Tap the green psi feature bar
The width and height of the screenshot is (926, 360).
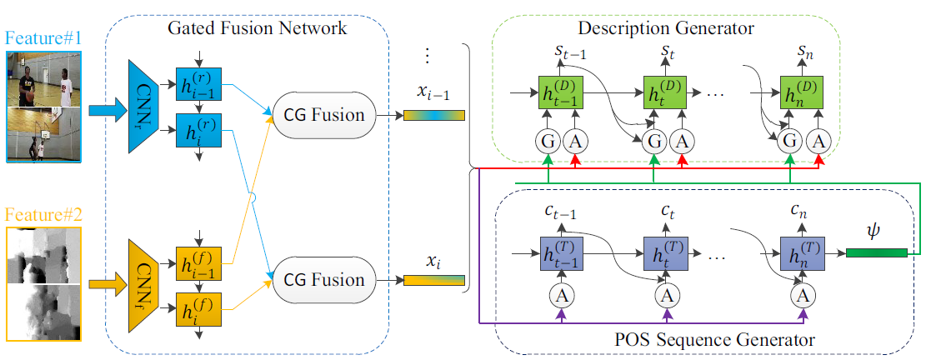pos(876,253)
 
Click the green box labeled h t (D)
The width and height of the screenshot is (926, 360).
pos(665,92)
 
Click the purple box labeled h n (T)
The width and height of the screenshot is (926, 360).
pos(802,254)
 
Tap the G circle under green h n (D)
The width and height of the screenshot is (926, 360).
pos(791,141)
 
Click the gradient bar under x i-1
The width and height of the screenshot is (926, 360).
pos(434,115)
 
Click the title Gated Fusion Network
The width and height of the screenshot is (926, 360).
pos(258,27)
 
